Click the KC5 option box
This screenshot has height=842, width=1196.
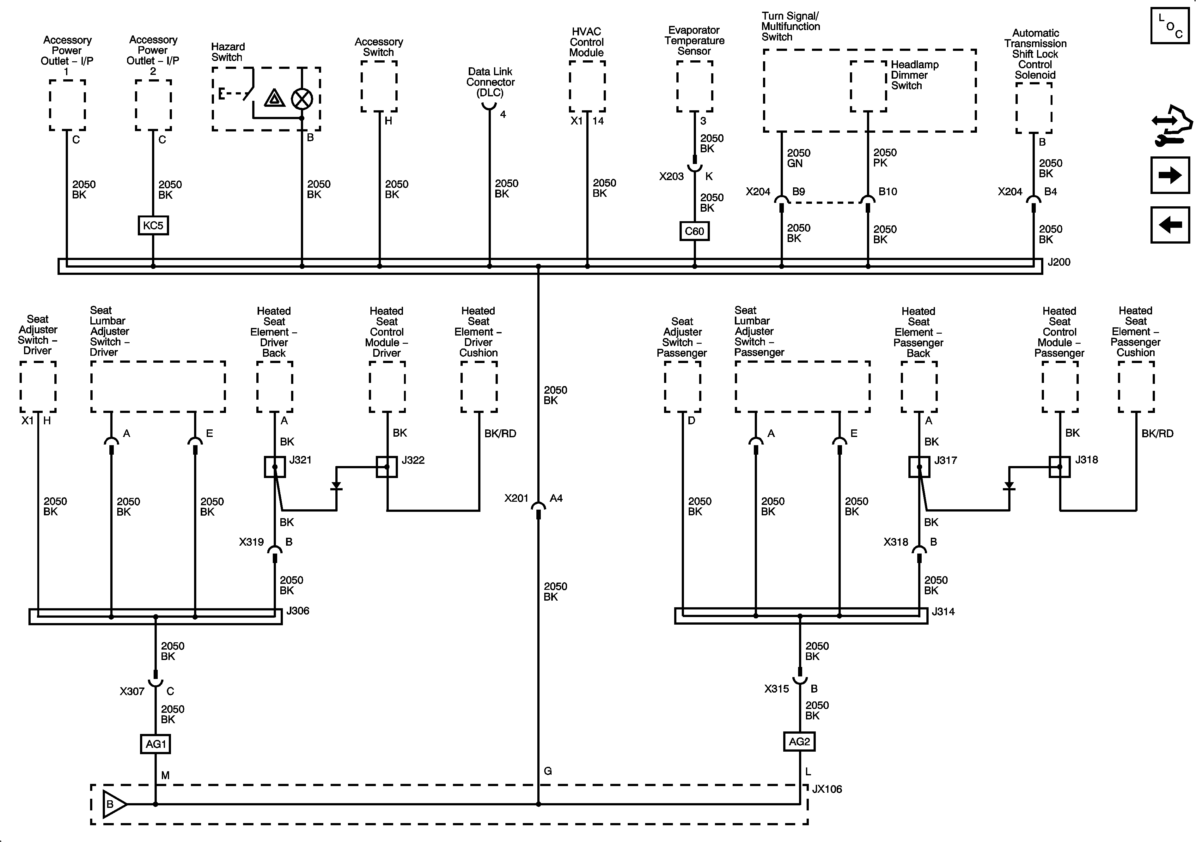(153, 226)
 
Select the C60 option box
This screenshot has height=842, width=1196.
(694, 231)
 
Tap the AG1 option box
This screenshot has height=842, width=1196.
(156, 744)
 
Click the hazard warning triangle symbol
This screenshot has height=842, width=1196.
(275, 98)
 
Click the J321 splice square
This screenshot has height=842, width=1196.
(275, 467)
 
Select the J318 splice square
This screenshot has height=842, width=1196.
(1059, 467)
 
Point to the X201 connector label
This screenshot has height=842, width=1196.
(516, 498)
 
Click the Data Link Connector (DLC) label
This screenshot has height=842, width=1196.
(490, 82)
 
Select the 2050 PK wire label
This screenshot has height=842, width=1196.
(884, 158)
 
